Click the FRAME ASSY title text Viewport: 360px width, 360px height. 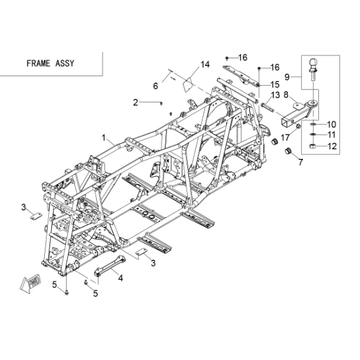[51, 63]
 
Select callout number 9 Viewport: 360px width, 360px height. [287, 77]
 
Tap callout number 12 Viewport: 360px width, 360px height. [332, 146]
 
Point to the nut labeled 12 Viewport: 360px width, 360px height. [312, 146]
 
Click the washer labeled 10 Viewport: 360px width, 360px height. [313, 124]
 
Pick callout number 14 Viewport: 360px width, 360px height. [205, 65]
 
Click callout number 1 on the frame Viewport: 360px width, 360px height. [104, 138]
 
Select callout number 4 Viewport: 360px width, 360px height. [120, 278]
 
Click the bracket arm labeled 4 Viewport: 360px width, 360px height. [110, 265]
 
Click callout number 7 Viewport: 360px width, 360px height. [300, 162]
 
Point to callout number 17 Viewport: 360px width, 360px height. [285, 138]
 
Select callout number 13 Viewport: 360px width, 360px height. [275, 95]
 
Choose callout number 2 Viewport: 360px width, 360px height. [136, 102]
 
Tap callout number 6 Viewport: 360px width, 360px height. [156, 86]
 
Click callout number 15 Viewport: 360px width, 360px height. [275, 85]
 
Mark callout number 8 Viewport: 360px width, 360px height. [286, 94]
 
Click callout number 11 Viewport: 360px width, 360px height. [331, 135]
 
